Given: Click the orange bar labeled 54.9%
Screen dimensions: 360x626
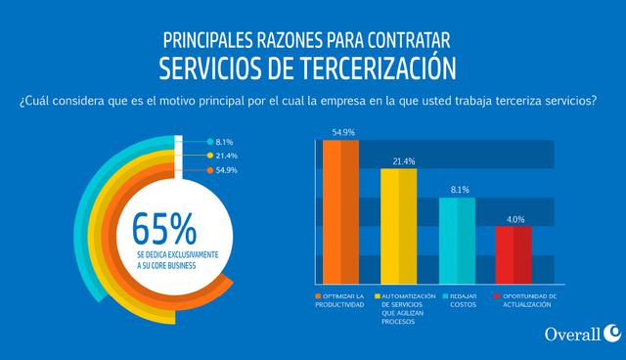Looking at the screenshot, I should (x=341, y=211).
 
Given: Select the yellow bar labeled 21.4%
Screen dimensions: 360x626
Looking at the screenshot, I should (x=398, y=226).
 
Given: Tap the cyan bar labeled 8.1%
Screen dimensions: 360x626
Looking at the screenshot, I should (x=457, y=240).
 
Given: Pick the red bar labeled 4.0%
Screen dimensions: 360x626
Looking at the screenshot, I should (x=513, y=254).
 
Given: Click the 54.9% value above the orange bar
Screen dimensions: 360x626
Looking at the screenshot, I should (x=342, y=131).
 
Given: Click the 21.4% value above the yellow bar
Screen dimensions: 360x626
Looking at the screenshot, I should (x=399, y=160).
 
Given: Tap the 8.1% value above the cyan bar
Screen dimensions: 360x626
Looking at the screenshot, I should (x=457, y=189).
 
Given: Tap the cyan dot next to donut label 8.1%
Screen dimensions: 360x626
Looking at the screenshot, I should (x=209, y=142).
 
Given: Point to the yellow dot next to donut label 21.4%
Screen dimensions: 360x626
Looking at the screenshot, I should (x=209, y=156).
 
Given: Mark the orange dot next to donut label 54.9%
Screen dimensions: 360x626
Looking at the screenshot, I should (x=209, y=170).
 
